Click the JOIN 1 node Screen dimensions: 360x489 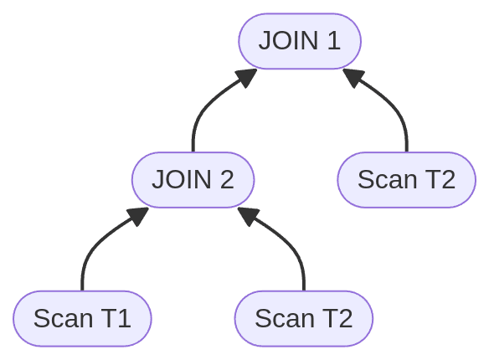(x=299, y=40)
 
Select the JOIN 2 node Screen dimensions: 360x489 (x=193, y=179)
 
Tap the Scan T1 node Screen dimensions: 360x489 (x=82, y=318)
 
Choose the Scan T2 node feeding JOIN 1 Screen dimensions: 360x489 (x=406, y=179)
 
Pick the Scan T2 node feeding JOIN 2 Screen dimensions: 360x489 (x=303, y=318)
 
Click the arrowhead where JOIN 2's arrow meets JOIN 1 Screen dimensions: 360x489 (x=246, y=77)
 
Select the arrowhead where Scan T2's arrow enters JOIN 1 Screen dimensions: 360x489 (x=353, y=77)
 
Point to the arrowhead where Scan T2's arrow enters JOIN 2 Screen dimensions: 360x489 (x=247, y=216)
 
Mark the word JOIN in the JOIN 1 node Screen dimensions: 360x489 (x=287, y=40)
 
